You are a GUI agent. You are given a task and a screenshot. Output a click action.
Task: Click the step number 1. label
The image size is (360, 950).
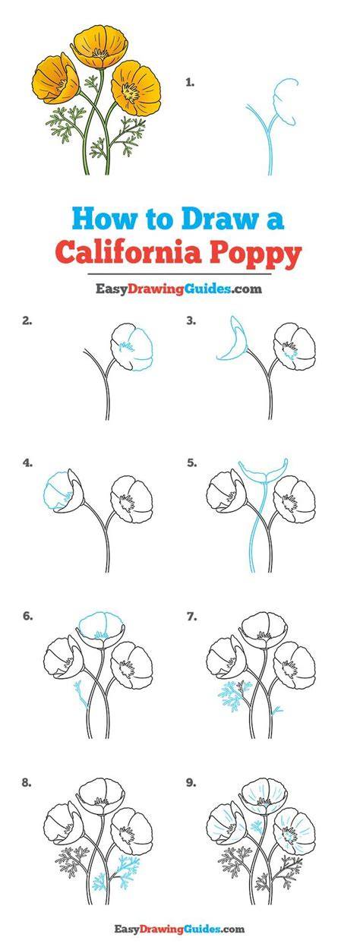(x=190, y=83)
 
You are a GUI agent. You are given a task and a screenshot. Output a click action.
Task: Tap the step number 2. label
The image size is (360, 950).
(x=27, y=321)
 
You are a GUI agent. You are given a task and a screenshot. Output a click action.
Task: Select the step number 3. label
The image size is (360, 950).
(x=191, y=321)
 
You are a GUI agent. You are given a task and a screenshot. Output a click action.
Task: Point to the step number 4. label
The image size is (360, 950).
(x=27, y=463)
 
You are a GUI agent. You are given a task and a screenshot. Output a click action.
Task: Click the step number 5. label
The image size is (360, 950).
(x=191, y=463)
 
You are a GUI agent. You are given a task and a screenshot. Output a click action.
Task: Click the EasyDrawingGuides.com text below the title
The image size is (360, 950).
(x=178, y=289)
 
